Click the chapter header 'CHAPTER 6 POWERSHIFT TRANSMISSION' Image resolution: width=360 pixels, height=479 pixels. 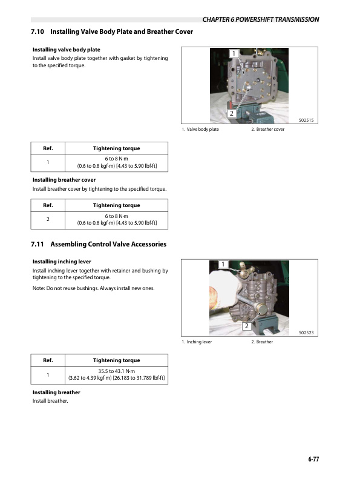point(261,19)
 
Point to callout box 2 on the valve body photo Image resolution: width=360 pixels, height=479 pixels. point(231,113)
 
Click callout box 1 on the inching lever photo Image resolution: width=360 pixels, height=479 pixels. point(222,265)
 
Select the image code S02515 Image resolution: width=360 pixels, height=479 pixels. point(309,121)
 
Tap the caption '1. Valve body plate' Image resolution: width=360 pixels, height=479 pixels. point(200,130)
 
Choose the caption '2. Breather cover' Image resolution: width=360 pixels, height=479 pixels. point(267,130)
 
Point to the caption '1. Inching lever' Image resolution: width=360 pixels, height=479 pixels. point(197,342)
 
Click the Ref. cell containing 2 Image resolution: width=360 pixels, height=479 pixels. point(47,219)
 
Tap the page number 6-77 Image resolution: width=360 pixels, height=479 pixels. point(312,460)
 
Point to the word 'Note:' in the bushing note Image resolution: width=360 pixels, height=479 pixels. point(39,288)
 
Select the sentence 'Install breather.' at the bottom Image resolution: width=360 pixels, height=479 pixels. point(50,401)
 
